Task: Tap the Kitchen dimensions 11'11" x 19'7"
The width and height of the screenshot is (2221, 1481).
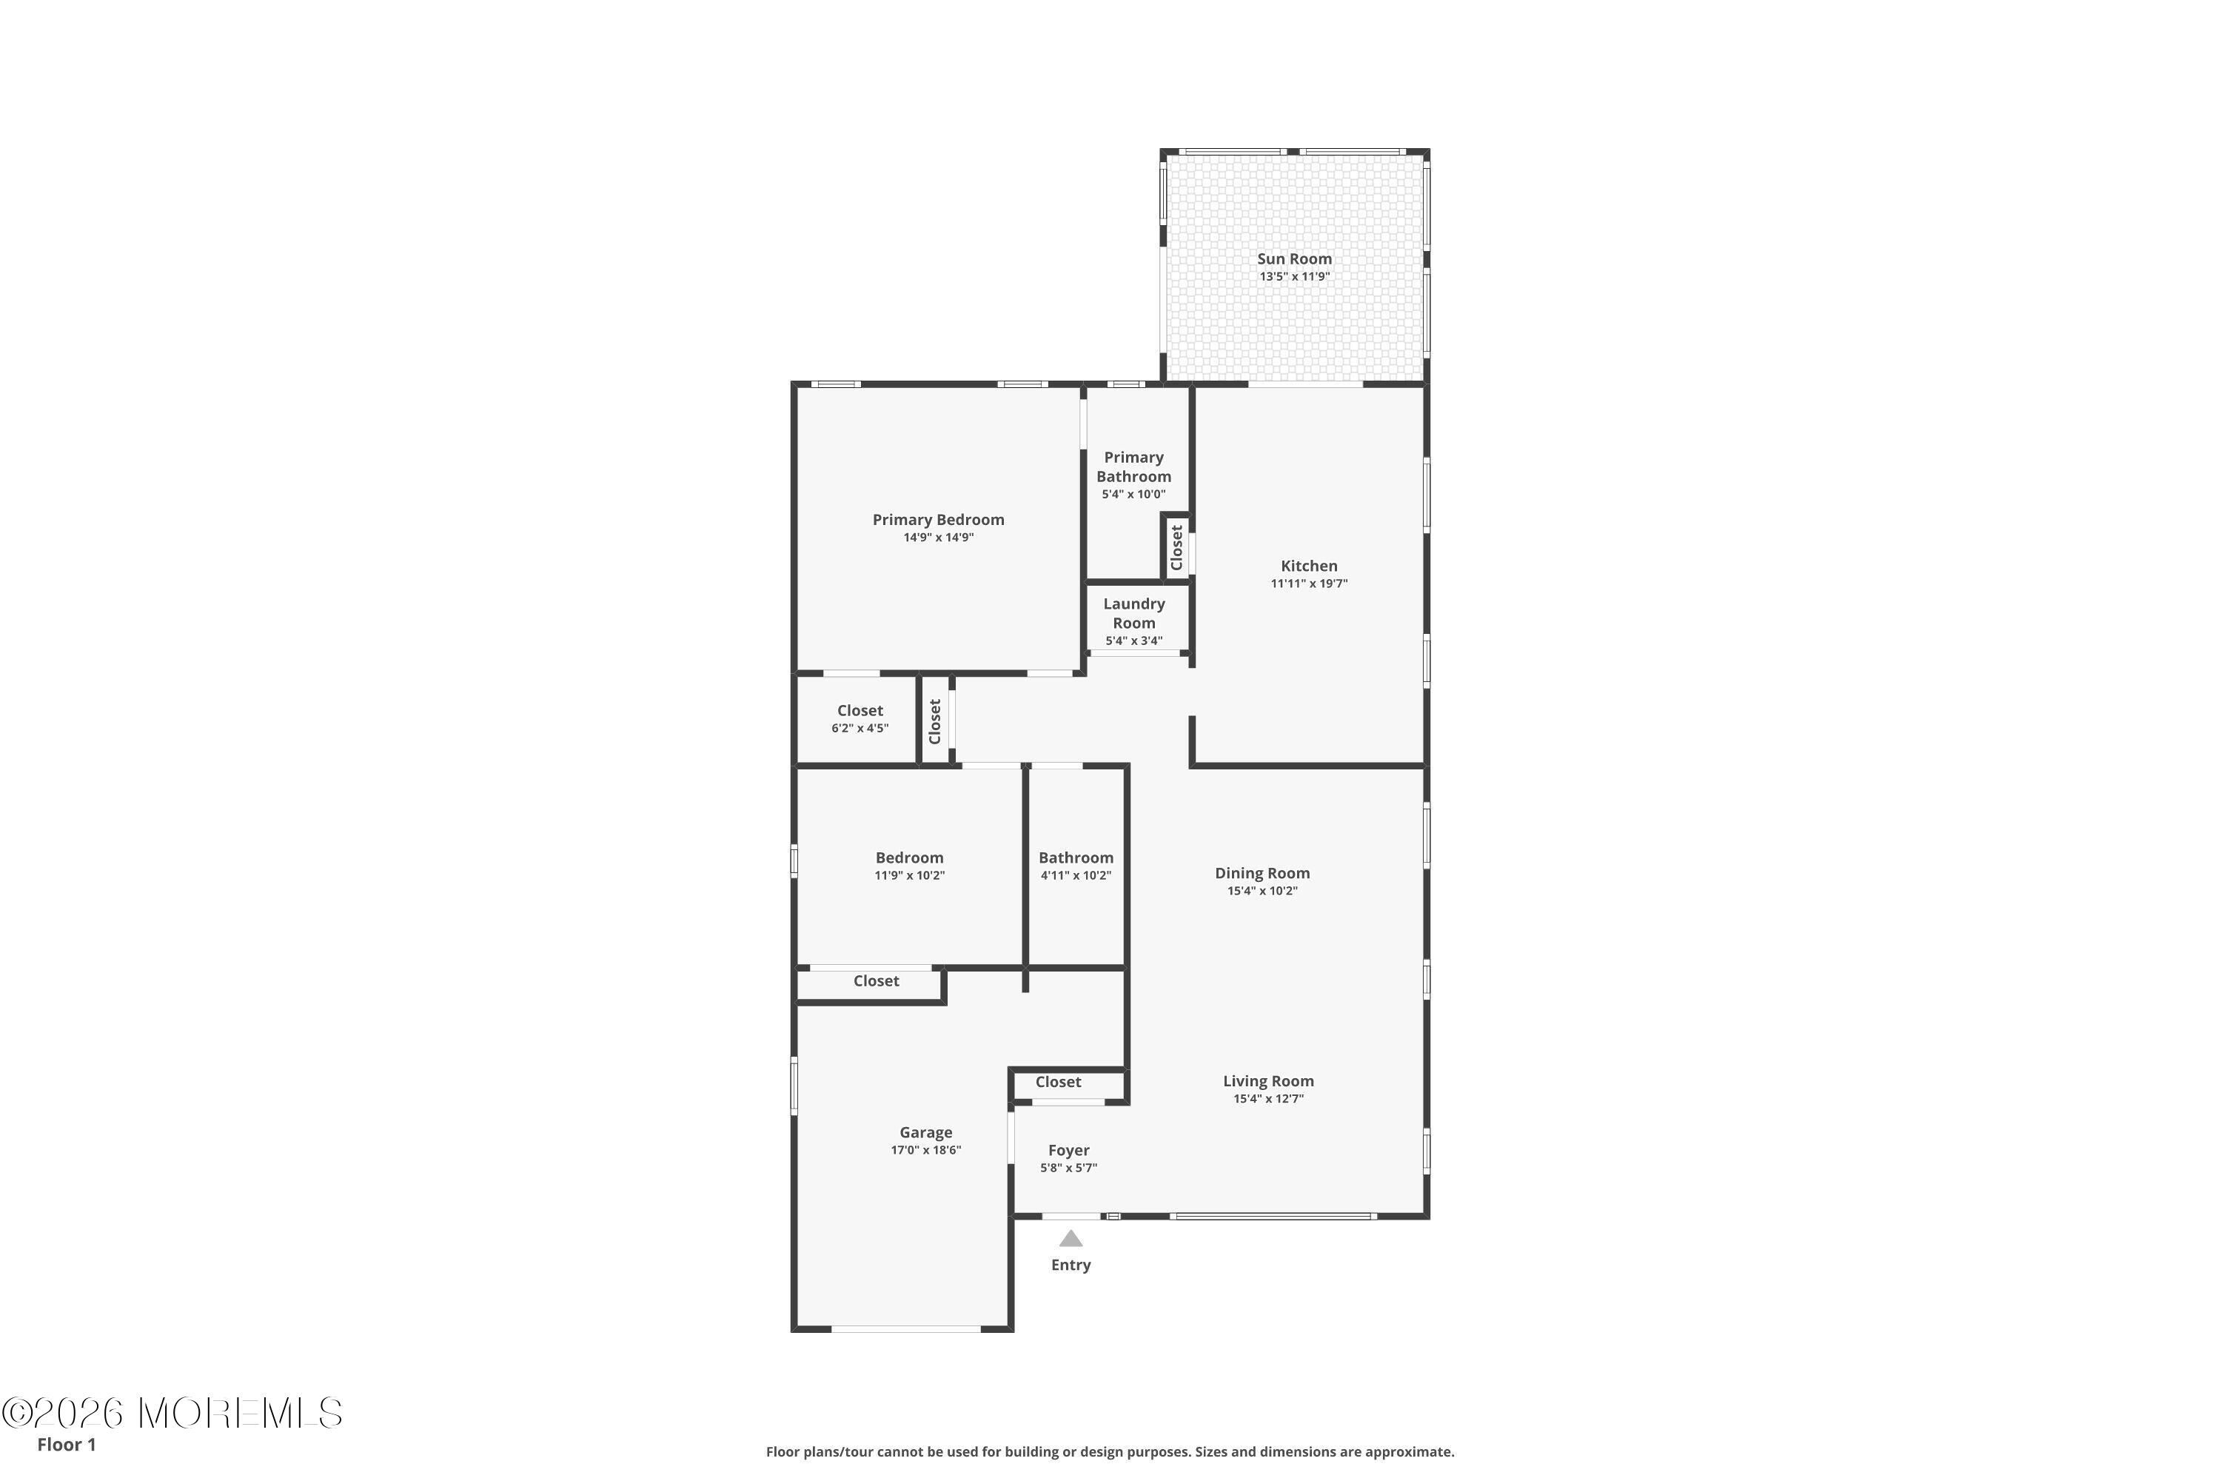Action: [1309, 584]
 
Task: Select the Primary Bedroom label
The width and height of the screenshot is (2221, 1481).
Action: [938, 520]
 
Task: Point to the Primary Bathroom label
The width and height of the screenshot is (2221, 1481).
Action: [1133, 467]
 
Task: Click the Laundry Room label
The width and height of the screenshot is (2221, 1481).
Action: [1134, 613]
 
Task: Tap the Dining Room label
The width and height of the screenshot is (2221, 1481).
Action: [1262, 874]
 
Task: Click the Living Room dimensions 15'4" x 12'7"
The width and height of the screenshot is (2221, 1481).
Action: [1268, 1098]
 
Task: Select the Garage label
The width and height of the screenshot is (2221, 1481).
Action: [925, 1132]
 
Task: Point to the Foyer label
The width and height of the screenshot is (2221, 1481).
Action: [1069, 1151]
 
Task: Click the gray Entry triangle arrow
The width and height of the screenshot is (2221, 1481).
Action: [1070, 1238]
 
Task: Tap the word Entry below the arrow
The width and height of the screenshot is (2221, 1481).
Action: [1071, 1265]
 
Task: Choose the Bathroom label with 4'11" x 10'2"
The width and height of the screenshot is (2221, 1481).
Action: [1076, 857]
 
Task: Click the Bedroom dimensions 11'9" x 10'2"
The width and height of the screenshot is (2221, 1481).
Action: [909, 875]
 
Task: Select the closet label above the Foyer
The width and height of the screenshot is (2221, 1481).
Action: [1058, 1083]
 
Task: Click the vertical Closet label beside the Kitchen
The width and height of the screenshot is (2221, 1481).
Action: [1176, 548]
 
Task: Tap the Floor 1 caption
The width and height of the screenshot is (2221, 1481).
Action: [66, 1444]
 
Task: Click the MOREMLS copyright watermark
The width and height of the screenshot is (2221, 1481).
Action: [172, 1413]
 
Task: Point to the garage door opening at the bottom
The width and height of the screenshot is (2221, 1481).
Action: [905, 1329]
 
